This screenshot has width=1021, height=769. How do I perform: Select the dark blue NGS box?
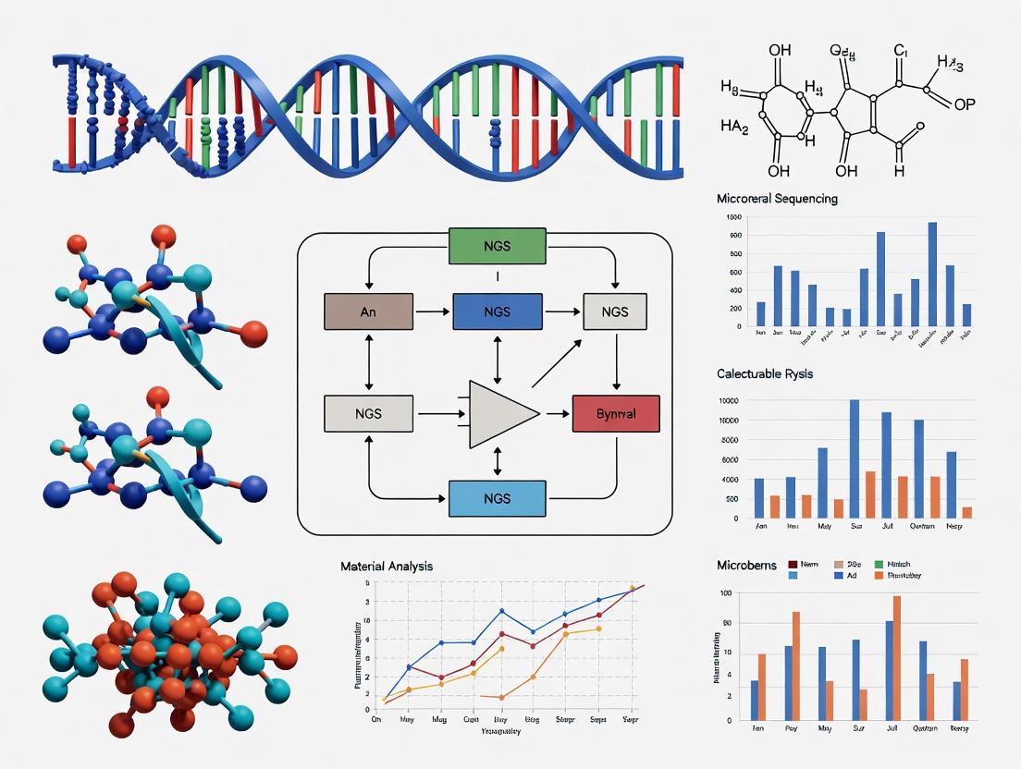[497, 312]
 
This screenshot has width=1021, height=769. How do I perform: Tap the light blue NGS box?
[497, 498]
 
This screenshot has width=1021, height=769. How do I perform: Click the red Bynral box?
[616, 413]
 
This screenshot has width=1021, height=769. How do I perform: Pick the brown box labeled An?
[368, 312]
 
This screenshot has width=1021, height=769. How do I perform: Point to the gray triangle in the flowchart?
[499, 413]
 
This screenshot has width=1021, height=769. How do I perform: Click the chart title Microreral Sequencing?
[777, 199]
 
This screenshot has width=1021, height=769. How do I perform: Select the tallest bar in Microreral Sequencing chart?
[932, 274]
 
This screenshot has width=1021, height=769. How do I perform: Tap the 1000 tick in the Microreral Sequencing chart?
[734, 217]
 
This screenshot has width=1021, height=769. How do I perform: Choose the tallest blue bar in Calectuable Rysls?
[854, 458]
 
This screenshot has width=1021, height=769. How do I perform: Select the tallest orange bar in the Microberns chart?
[896, 657]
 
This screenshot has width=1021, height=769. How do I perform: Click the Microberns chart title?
[746, 565]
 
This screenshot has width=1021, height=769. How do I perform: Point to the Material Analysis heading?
[386, 566]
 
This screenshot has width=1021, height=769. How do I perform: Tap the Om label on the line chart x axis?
[375, 719]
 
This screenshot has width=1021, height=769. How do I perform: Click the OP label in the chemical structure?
[964, 104]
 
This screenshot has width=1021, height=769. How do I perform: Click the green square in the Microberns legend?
[879, 564]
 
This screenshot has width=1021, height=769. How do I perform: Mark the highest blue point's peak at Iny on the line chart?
[501, 611]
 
